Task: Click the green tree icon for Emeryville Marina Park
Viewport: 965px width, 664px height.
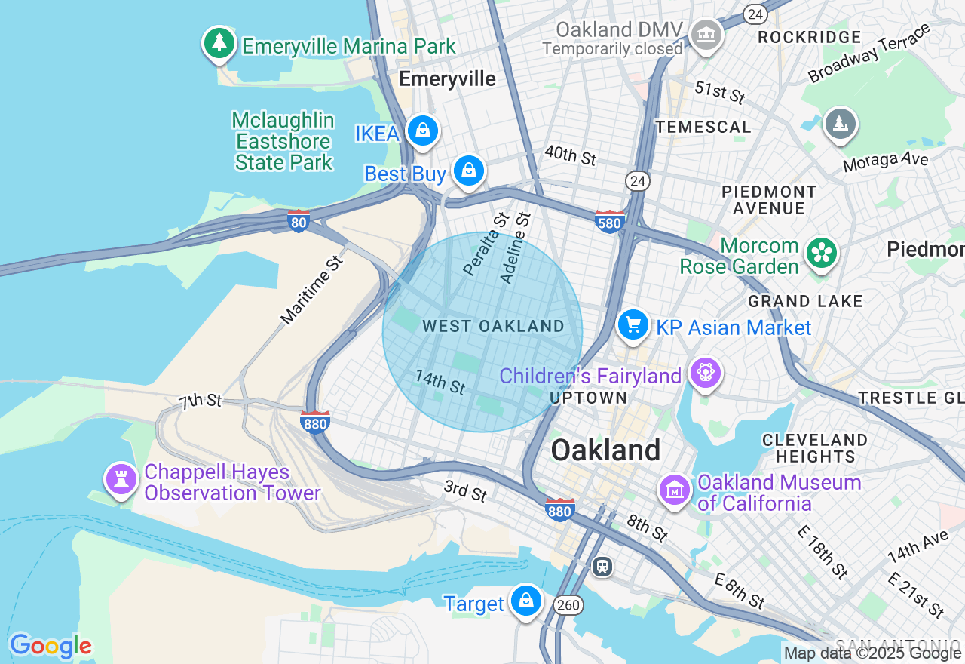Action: [219, 43]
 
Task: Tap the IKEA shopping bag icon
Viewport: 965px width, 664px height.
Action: [423, 132]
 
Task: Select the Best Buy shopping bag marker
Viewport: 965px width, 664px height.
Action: [469, 171]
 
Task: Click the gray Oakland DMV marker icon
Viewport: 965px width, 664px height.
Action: [706, 34]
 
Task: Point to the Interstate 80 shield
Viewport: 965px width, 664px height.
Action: [299, 221]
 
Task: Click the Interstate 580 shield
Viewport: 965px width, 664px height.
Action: [609, 222]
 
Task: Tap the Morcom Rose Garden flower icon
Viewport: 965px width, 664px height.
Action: [821, 253]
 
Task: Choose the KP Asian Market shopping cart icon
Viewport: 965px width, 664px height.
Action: [633, 325]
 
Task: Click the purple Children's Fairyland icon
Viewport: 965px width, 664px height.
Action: [706, 373]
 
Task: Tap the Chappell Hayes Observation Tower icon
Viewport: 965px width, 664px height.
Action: [121, 478]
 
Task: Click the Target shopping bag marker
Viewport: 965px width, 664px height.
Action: [525, 601]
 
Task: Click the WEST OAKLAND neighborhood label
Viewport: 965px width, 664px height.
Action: [493, 326]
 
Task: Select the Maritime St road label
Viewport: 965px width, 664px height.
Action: [311, 290]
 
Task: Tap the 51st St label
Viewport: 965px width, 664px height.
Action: [720, 92]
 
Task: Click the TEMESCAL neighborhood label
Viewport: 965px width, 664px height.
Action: [703, 127]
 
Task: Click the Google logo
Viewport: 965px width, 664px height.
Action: [51, 646]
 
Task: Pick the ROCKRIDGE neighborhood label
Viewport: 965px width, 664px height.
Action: [810, 37]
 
